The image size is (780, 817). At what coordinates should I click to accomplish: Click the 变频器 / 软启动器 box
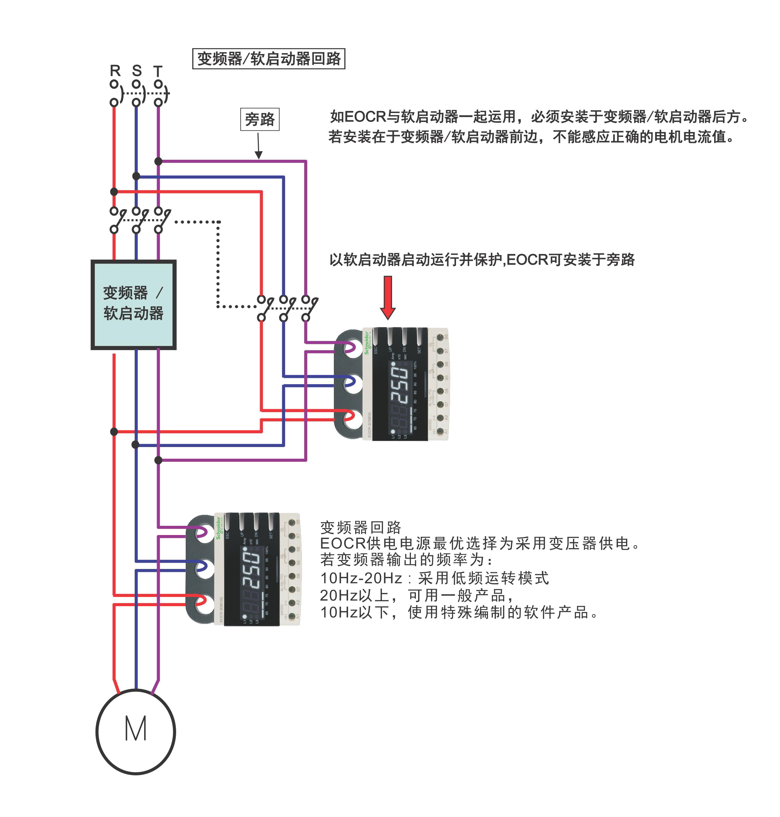[x=133, y=304]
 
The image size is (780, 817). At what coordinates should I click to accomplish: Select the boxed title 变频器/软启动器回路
[x=269, y=59]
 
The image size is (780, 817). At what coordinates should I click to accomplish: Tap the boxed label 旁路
[x=259, y=119]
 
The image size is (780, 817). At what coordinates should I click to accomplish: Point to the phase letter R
[x=115, y=71]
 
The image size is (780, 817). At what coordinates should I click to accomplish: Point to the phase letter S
[x=137, y=71]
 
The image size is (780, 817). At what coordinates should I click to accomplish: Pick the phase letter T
[x=158, y=71]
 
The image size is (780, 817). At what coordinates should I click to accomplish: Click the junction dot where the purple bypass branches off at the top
[x=158, y=161]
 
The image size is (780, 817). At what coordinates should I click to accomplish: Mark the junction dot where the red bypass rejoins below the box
[x=114, y=431]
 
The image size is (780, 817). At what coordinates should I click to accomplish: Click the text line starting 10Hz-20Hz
[x=435, y=578]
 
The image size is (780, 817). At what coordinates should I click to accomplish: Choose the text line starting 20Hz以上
[x=417, y=595]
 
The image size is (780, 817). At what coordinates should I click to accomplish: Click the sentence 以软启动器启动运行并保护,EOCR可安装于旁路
[x=482, y=260]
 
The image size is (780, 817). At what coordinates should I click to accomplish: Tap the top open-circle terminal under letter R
[x=114, y=84]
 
